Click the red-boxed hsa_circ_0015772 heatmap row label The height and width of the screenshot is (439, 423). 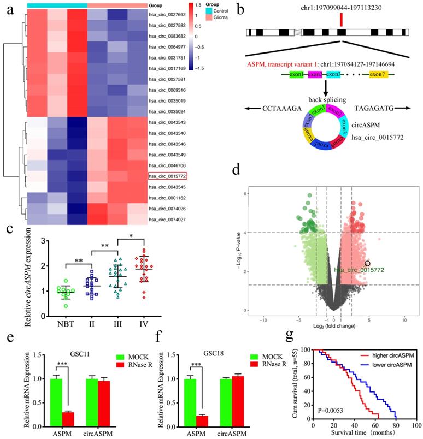(x=167, y=176)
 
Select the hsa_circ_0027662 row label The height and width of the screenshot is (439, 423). (x=167, y=25)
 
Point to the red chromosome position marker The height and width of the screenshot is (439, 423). (x=341, y=20)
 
